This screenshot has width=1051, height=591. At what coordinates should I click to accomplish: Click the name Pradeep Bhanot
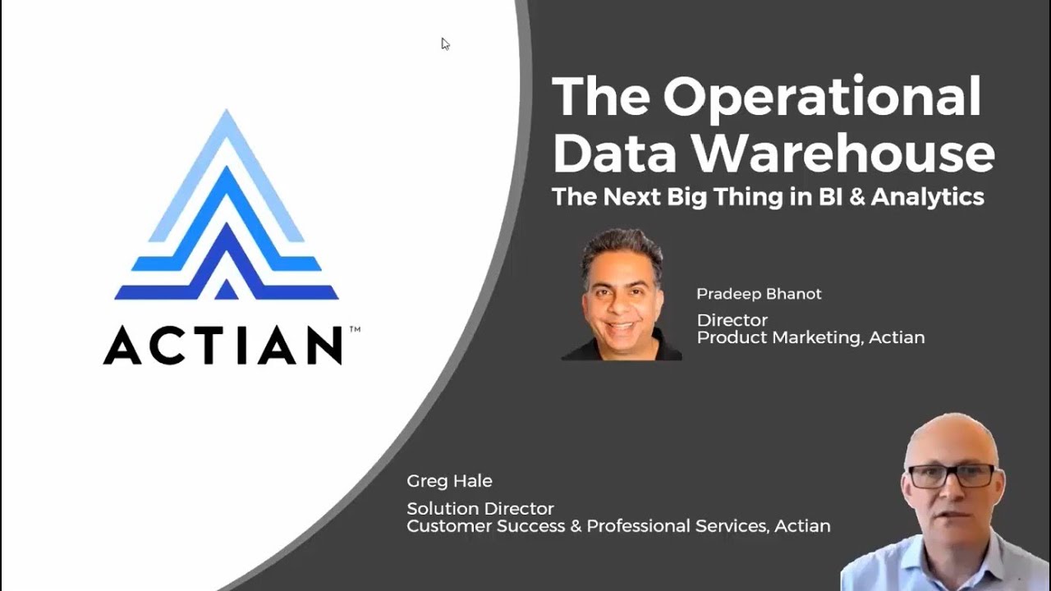[x=759, y=294]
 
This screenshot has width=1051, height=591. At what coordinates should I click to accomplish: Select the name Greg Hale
[x=449, y=481]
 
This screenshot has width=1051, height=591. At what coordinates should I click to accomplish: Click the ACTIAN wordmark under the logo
[x=222, y=346]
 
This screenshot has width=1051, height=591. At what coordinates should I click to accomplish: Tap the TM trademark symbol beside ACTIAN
[x=355, y=330]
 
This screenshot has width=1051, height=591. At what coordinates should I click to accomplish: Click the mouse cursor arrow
[x=444, y=43]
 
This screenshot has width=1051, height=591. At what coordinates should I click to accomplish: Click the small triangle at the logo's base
[x=226, y=290]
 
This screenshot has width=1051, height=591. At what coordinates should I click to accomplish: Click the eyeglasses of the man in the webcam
[x=951, y=475]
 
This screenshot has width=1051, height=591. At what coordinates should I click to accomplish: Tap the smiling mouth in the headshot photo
[x=622, y=326]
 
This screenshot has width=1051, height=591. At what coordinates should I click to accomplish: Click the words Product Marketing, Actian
[x=810, y=337]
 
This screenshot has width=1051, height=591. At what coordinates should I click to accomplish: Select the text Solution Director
[x=480, y=509]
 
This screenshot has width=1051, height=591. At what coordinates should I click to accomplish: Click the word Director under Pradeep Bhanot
[x=732, y=320]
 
